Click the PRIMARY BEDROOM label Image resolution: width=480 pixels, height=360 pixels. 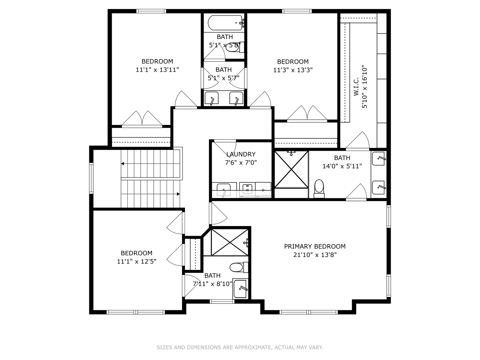click(x=315, y=246)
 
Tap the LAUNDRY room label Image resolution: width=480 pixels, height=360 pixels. click(x=241, y=154)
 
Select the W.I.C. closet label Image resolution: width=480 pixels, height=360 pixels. click(x=356, y=86)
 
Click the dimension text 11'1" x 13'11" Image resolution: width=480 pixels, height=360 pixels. click(x=157, y=70)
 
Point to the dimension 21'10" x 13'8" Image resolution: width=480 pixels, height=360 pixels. click(x=315, y=255)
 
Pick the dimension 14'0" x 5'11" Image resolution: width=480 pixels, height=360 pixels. click(x=342, y=166)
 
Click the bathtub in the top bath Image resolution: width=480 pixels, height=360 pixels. click(x=225, y=23)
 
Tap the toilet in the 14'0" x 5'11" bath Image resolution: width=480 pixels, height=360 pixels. click(x=319, y=189)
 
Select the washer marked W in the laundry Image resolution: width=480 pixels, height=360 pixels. click(x=247, y=190)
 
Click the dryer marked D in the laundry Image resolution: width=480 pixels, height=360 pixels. click(x=263, y=190)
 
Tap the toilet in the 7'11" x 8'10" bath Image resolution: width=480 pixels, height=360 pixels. click(x=239, y=267)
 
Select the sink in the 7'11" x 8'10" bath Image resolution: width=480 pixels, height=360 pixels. click(x=240, y=289)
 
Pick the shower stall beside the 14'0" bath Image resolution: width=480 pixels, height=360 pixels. click(x=291, y=170)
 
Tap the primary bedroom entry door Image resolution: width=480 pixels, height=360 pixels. click(x=218, y=213)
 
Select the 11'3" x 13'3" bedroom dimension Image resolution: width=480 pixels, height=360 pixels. click(x=293, y=70)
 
